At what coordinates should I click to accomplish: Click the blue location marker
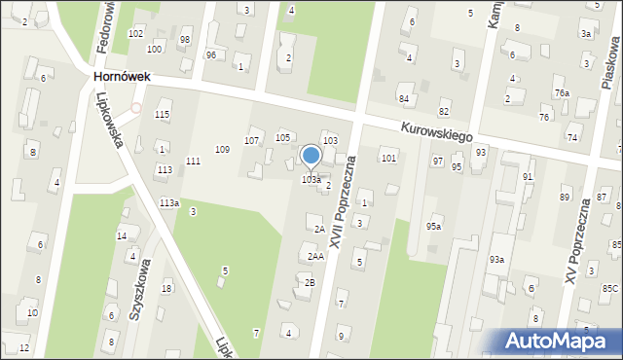pos(311,157)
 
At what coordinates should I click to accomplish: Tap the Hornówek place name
pos(122,75)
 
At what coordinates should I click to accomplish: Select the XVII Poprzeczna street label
pos(344,200)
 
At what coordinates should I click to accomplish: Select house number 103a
pos(311,180)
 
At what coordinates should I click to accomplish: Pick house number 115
pos(162,115)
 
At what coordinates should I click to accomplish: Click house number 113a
pos(169,202)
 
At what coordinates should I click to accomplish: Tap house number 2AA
pos(315,256)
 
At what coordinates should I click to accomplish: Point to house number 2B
pos(311,282)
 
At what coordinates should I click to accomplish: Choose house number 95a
pos(433,226)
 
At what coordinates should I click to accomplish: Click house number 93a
pos(496,259)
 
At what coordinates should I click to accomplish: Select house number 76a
pos(562,92)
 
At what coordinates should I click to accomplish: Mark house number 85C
pos(609,288)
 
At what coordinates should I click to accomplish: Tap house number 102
pos(135,33)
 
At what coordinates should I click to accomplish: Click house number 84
pos(403,99)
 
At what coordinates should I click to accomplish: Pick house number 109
pos(222,149)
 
